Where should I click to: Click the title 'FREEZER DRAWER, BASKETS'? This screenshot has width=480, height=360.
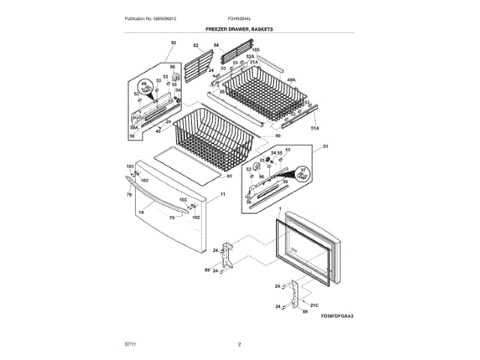[240, 28]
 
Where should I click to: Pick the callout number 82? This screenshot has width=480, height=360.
[196, 46]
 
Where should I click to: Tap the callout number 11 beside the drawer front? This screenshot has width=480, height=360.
[223, 193]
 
